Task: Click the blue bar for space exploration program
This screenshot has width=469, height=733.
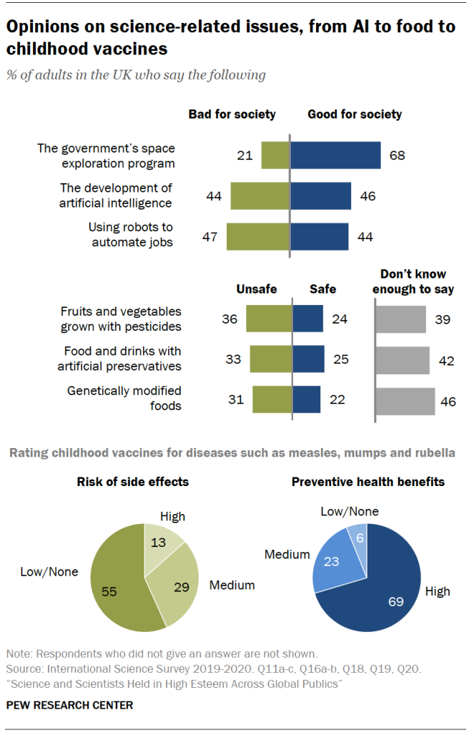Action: click(335, 155)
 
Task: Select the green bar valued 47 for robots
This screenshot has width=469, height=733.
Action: click(257, 236)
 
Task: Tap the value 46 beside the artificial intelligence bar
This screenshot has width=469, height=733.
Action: click(367, 195)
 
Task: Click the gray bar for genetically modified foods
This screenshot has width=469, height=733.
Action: click(405, 401)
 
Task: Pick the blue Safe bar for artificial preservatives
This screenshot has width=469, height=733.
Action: click(308, 359)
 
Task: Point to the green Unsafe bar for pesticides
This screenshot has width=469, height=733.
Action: click(269, 319)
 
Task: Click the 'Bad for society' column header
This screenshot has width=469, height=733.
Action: click(232, 114)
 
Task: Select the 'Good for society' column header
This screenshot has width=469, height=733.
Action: click(355, 114)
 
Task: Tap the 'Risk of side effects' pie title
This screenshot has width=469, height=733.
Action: click(133, 482)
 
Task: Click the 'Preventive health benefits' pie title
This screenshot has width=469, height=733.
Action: click(367, 482)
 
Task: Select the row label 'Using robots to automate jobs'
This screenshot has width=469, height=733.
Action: click(132, 235)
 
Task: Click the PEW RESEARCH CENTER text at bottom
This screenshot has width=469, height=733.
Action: click(69, 705)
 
